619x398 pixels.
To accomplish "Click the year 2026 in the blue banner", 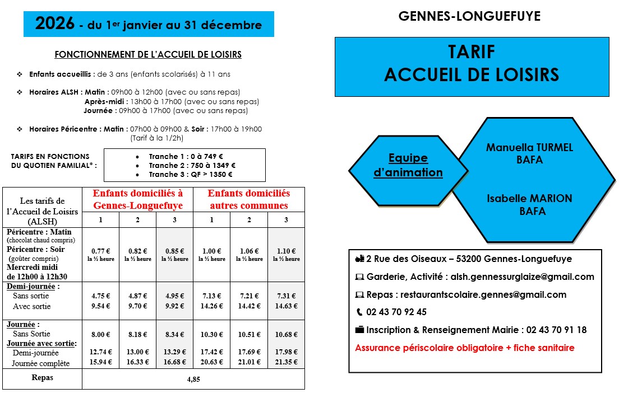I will [55, 24].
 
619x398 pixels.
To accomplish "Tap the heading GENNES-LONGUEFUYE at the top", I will [469, 17].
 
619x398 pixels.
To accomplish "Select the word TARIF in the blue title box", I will [472, 52].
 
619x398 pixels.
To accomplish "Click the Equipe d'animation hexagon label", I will [408, 165].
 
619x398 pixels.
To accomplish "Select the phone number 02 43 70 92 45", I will [396, 312].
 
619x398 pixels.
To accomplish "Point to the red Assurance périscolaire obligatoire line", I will [465, 348].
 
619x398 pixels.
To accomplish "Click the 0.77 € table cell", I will [100, 251].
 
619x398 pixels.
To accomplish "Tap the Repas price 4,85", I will [193, 380].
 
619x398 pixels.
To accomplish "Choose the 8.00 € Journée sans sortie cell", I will [100, 335].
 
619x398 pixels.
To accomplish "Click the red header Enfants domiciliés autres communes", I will [249, 199].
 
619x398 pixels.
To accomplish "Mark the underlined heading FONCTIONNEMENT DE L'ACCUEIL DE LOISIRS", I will [148, 55].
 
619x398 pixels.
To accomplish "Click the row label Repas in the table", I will [43, 378].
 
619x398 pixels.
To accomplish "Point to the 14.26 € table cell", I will [211, 306].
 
